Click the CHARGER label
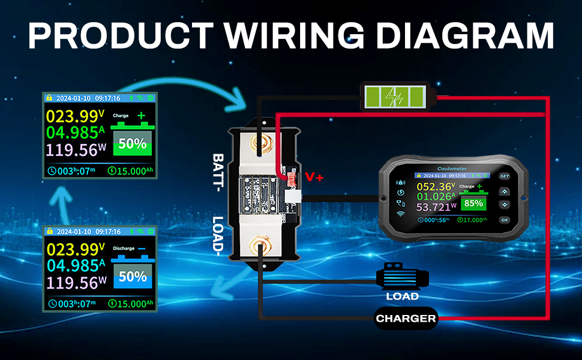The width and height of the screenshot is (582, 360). pos(406,319)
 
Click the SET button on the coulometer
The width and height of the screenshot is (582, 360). pos(505,176)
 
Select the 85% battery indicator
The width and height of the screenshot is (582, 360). pos(473,203)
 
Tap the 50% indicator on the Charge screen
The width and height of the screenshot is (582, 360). pos(132,143)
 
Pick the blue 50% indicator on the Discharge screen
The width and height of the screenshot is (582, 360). pos(132,277)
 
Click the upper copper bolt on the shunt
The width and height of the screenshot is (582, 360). pos(262,145)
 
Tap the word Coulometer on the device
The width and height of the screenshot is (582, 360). pos(454,169)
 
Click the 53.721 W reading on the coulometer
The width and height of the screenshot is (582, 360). pos(436,207)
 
